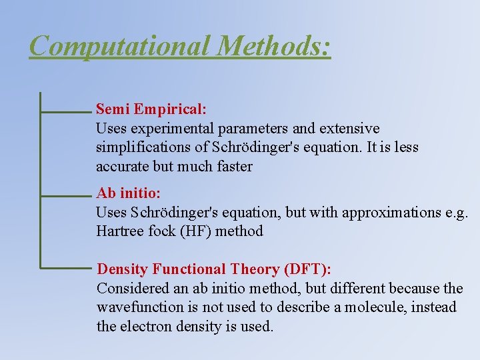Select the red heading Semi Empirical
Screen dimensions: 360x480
(x=151, y=108)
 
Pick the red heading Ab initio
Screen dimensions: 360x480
(x=127, y=193)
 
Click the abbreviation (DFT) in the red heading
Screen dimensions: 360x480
(x=307, y=269)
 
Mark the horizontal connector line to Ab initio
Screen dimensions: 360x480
(x=65, y=197)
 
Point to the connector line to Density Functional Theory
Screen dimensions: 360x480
(x=65, y=268)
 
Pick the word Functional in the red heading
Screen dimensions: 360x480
(x=190, y=269)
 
